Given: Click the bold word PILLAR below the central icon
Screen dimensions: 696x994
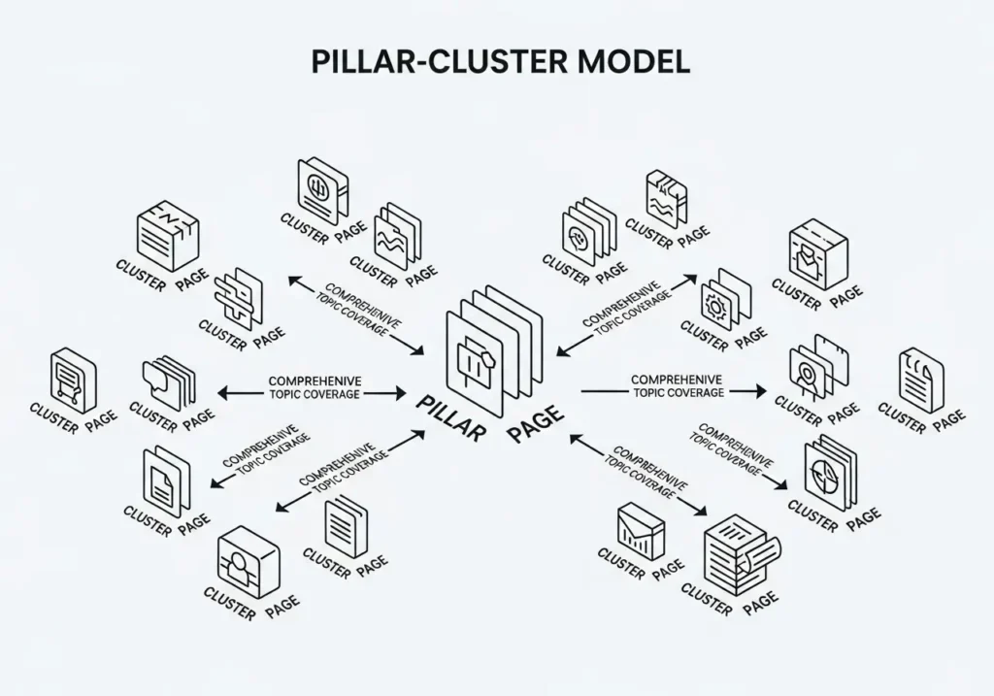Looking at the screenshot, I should coord(448,416).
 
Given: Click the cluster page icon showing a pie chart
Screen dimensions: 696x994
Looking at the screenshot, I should coord(830,474).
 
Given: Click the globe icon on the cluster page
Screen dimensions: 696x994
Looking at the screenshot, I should coord(322,186).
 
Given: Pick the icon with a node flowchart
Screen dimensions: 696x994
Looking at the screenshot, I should coord(74,378).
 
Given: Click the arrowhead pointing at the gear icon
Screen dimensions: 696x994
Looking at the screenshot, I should coord(690,279).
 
